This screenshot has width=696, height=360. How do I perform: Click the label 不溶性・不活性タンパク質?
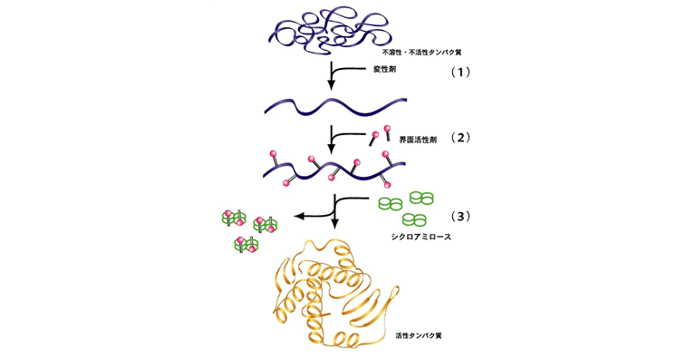click(421, 53)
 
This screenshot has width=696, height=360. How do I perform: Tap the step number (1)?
click(460, 73)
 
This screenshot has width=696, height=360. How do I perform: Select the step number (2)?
click(460, 138)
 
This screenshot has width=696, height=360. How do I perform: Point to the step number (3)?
click(460, 216)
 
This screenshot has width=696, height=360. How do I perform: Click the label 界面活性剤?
click(418, 140)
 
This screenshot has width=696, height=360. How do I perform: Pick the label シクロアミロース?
click(420, 237)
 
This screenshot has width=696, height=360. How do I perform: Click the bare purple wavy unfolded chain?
click(335, 106)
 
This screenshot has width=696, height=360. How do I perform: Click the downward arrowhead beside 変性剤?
click(331, 84)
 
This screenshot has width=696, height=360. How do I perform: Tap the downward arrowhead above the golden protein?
click(335, 223)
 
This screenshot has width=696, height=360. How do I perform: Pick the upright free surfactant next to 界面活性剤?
click(387, 133)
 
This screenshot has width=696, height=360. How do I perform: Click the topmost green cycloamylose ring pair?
click(421, 198)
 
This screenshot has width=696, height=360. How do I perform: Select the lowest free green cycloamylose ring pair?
click(414, 219)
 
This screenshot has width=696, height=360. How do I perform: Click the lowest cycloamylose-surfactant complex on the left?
click(246, 244)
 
